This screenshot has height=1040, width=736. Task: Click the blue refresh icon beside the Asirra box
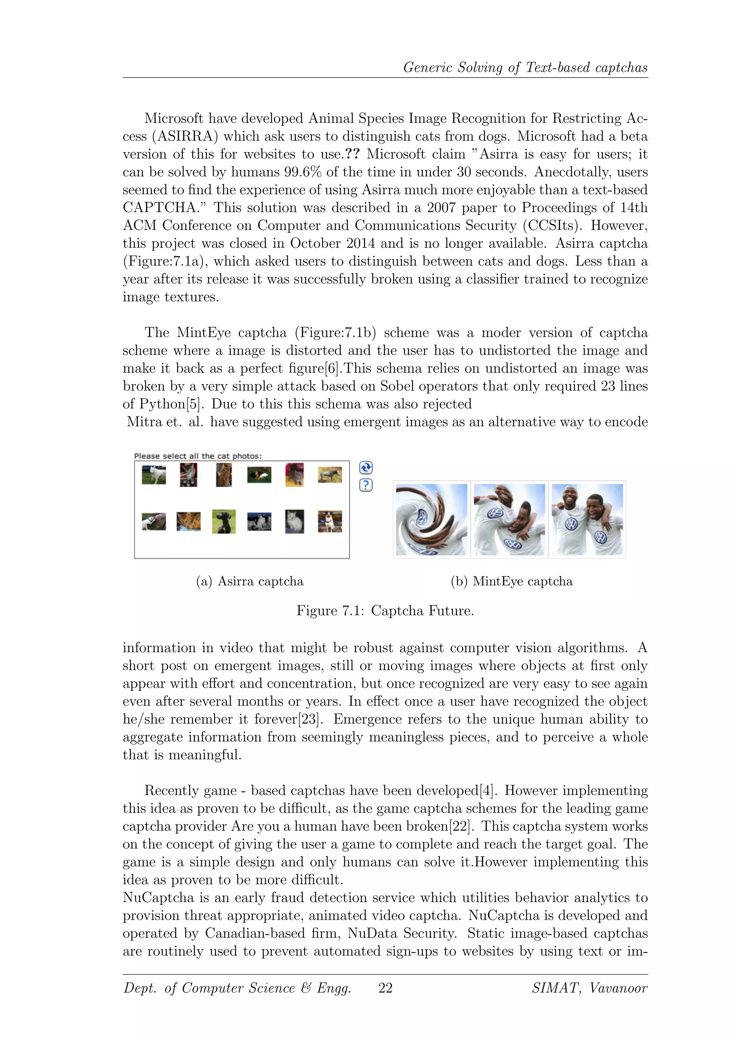(x=366, y=468)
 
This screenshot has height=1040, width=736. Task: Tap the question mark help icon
(x=366, y=485)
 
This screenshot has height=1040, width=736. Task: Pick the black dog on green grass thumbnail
(x=224, y=521)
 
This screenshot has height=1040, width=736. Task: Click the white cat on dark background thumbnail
(x=295, y=521)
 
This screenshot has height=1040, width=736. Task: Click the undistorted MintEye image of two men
(x=587, y=520)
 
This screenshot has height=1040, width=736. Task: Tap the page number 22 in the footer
(x=385, y=988)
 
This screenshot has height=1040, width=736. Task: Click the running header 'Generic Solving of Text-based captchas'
(x=525, y=68)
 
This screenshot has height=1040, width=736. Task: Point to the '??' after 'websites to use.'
(x=352, y=154)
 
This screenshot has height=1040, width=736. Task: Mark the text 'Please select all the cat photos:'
(x=198, y=456)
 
